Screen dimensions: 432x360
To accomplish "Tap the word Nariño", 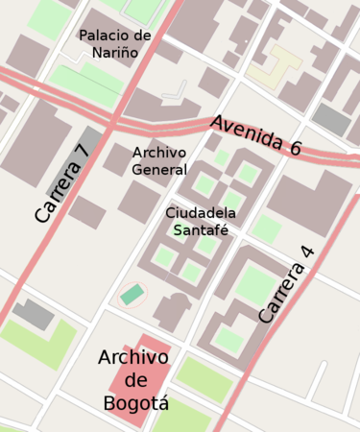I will pyautogui.click(x=115, y=53).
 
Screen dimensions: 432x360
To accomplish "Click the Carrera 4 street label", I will pyautogui.click(x=285, y=284).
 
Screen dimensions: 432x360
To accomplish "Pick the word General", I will pyautogui.click(x=159, y=170).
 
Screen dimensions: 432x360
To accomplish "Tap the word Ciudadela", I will pyautogui.click(x=201, y=212).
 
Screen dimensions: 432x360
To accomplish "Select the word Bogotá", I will pyautogui.click(x=135, y=403).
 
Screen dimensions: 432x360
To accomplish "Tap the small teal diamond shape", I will pyautogui.click(x=132, y=294).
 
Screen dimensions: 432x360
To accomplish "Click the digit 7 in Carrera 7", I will pyautogui.click(x=81, y=152).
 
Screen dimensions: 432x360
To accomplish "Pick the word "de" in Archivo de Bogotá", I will pyautogui.click(x=135, y=381).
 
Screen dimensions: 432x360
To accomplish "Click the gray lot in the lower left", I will pyautogui.click(x=34, y=312).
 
